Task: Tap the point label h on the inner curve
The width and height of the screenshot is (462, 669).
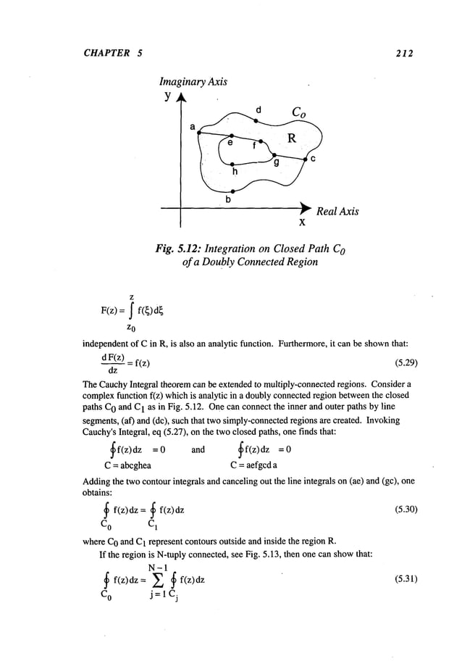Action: click(234, 171)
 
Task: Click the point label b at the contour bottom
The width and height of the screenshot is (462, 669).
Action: click(229, 198)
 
